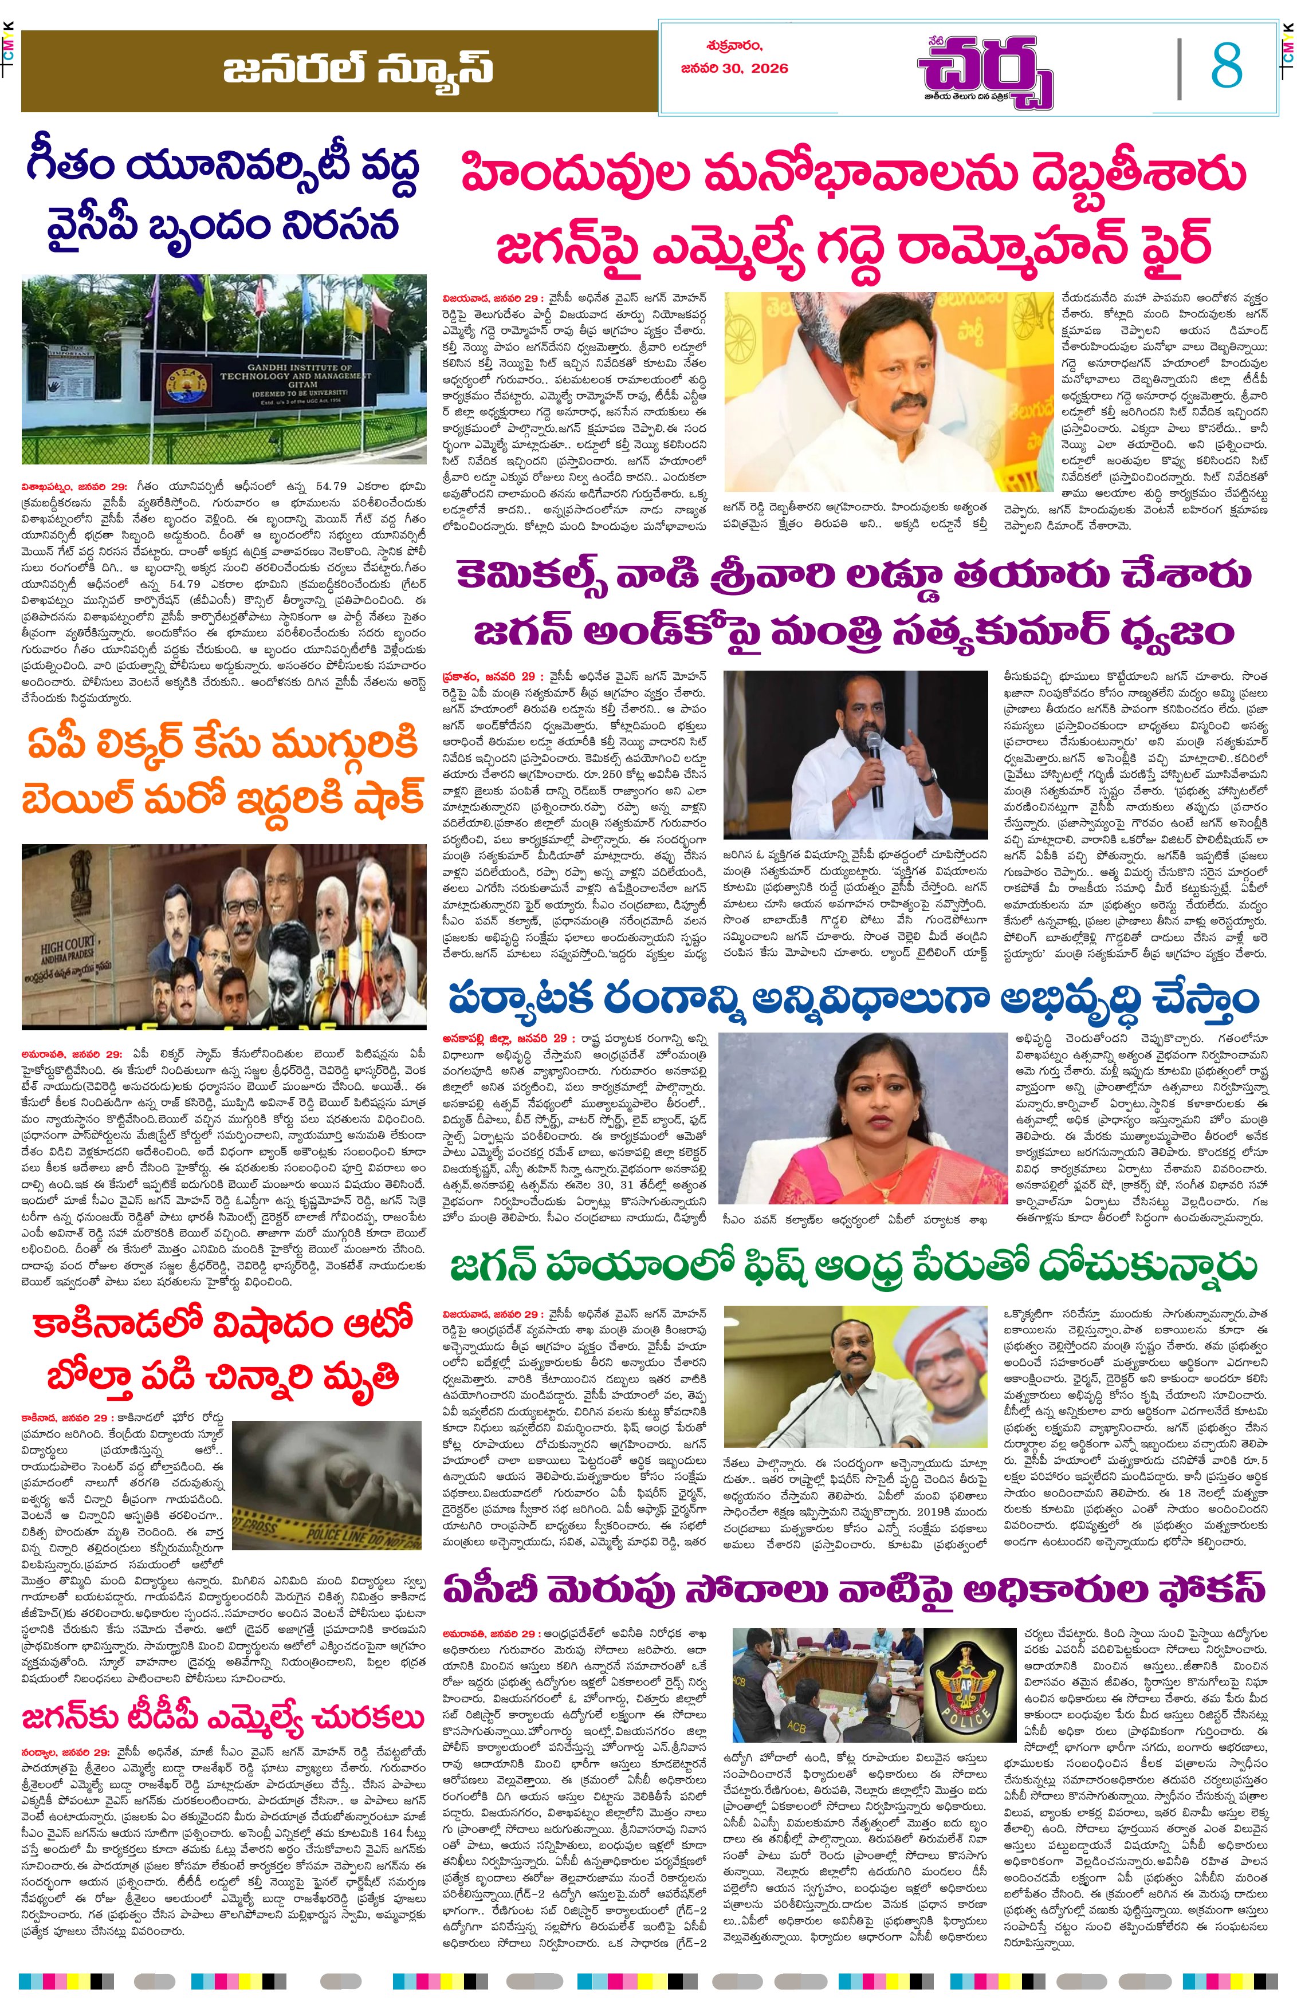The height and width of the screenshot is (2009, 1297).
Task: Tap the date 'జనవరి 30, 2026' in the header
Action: [x=734, y=68]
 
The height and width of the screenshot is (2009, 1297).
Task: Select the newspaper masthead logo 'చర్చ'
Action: [x=985, y=74]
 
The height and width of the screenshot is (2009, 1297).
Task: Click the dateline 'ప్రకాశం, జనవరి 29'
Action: [x=489, y=676]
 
